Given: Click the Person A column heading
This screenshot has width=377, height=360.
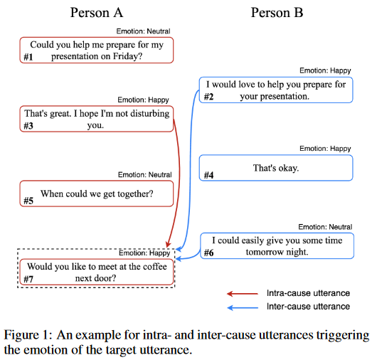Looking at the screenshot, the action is pos(97,13).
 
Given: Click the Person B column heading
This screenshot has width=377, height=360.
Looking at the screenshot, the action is pos(277,13).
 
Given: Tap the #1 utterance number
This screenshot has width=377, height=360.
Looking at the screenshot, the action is pos(28,57).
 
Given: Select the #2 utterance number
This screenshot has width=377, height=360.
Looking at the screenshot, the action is pos(208,97).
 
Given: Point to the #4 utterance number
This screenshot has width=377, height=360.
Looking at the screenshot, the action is pos(208,175).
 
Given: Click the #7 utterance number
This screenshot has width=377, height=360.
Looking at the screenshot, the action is pos(28,279).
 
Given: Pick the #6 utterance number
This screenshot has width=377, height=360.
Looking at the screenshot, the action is pos(208,253).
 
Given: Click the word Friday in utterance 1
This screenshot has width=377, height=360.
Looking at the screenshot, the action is pos(127,56).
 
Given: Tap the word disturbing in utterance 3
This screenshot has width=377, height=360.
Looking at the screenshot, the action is pos(150,114).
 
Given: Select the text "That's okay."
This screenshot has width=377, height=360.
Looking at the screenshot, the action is pos(276,168).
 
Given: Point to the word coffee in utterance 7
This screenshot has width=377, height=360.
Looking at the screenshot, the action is pos(154,267).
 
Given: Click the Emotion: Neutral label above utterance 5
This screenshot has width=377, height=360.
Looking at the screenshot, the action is pos(144,174).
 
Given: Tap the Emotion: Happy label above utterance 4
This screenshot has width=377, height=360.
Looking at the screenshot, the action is pos(325,149).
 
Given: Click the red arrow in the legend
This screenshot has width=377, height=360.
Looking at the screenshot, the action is pos(243,294).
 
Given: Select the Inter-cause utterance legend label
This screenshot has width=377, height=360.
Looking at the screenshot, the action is pos(308,307).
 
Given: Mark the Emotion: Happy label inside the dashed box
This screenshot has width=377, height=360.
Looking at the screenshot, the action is pos(144,253).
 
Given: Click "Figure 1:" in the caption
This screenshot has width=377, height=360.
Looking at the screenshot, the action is pos(28,335).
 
